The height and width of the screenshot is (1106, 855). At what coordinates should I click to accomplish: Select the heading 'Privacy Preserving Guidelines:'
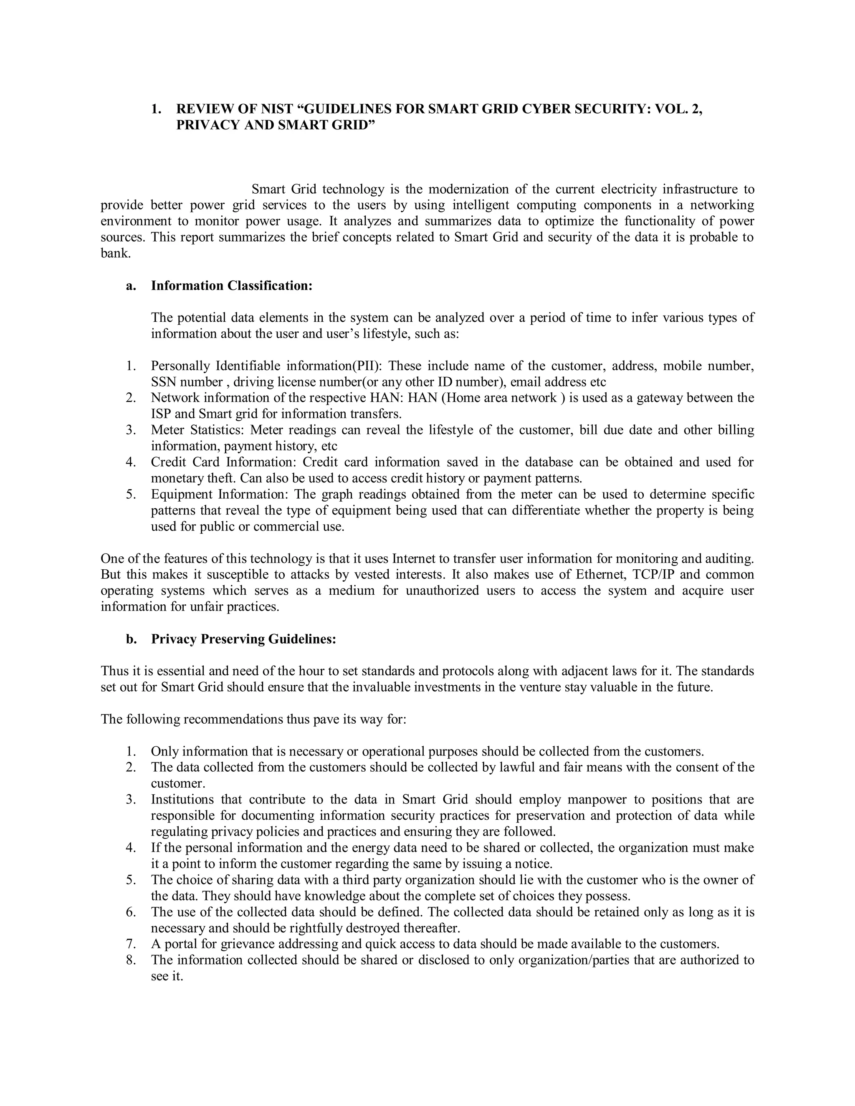(244, 639)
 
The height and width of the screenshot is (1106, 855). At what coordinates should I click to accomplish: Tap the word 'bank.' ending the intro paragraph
(116, 253)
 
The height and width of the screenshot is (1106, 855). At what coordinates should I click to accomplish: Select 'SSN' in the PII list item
(163, 382)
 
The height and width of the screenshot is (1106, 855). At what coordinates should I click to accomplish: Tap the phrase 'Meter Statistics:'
(198, 430)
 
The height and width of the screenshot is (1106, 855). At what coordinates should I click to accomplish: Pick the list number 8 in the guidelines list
(131, 960)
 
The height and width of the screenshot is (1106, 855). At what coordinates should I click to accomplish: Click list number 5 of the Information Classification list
(131, 494)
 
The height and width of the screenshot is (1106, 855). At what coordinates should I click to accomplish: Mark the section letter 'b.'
(132, 639)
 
